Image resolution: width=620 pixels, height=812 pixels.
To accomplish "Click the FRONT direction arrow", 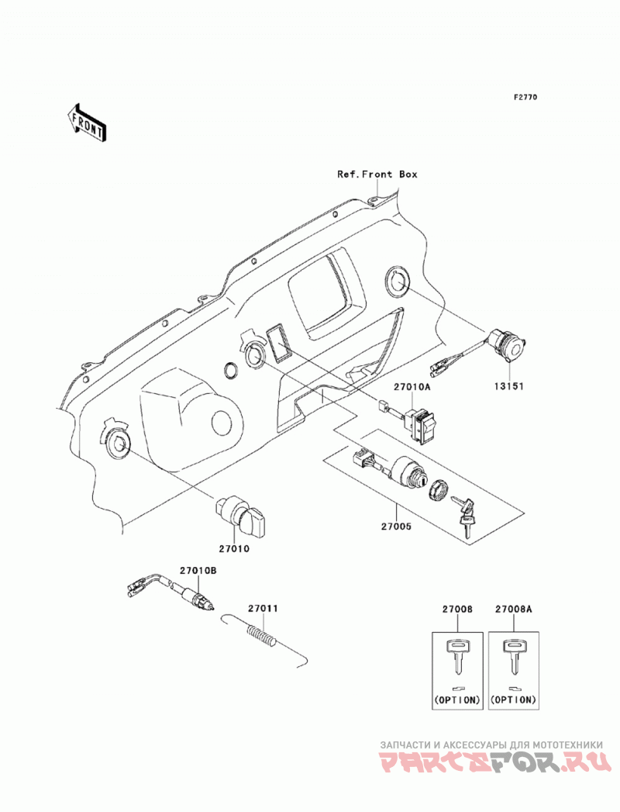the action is [88, 123].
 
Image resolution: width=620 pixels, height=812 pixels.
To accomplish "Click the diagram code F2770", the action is [525, 97].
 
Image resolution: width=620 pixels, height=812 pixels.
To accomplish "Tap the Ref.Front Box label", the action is [377, 174].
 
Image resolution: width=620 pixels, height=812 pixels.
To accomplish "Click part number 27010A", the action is [412, 387].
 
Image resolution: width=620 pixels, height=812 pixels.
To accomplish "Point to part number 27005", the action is [396, 527].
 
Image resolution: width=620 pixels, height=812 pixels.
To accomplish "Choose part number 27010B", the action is [198, 571].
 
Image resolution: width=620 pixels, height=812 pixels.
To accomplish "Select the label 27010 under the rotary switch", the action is [233, 548].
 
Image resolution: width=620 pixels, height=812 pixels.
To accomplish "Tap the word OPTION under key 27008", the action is [457, 700].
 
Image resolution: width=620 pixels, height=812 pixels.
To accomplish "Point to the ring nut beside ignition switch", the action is [439, 489].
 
